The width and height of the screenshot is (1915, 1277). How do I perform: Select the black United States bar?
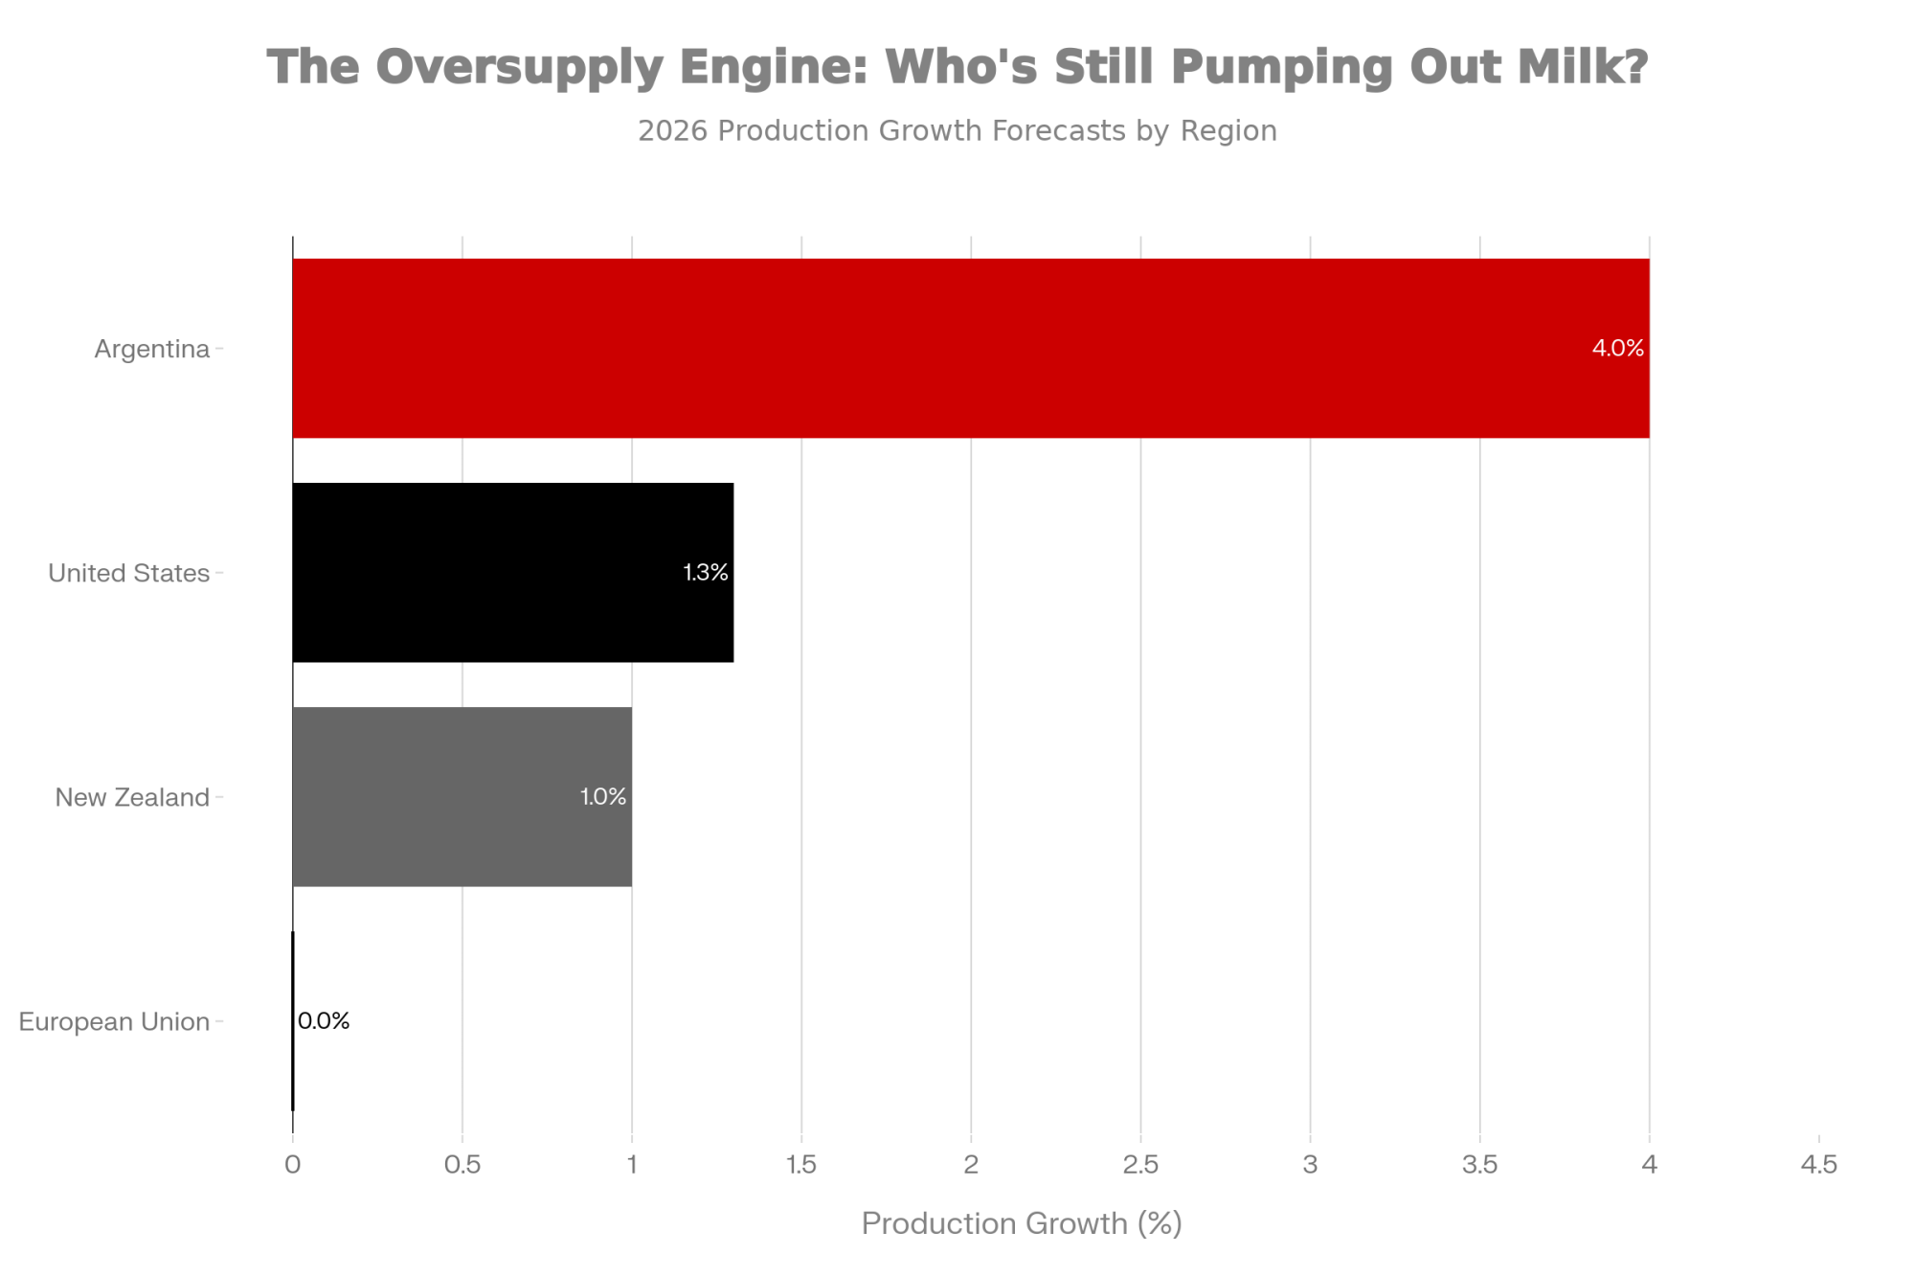[512, 572]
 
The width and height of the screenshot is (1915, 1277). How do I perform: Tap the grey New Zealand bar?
[462, 796]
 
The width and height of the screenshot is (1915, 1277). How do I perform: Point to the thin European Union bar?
[293, 1020]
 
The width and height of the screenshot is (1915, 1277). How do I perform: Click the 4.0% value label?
[1617, 348]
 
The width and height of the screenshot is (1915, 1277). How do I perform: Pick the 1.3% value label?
[706, 572]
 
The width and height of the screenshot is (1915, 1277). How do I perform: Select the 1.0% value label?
[603, 796]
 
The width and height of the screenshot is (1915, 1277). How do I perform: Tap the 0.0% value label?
[324, 1020]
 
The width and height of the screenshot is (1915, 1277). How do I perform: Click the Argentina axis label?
[151, 349]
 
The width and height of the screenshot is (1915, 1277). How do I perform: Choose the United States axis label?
[128, 573]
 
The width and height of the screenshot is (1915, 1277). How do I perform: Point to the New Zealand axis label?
[132, 797]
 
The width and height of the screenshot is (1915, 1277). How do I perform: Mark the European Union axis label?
[114, 1021]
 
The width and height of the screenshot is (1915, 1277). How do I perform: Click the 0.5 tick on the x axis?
[462, 1164]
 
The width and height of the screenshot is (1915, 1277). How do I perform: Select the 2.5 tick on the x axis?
[1140, 1164]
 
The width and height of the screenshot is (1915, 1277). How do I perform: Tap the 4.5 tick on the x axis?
[1818, 1164]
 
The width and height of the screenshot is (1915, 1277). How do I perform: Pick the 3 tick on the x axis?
[1310, 1164]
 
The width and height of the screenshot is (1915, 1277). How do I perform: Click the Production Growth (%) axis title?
[1022, 1223]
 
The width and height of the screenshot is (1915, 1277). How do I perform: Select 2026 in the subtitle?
[673, 130]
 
